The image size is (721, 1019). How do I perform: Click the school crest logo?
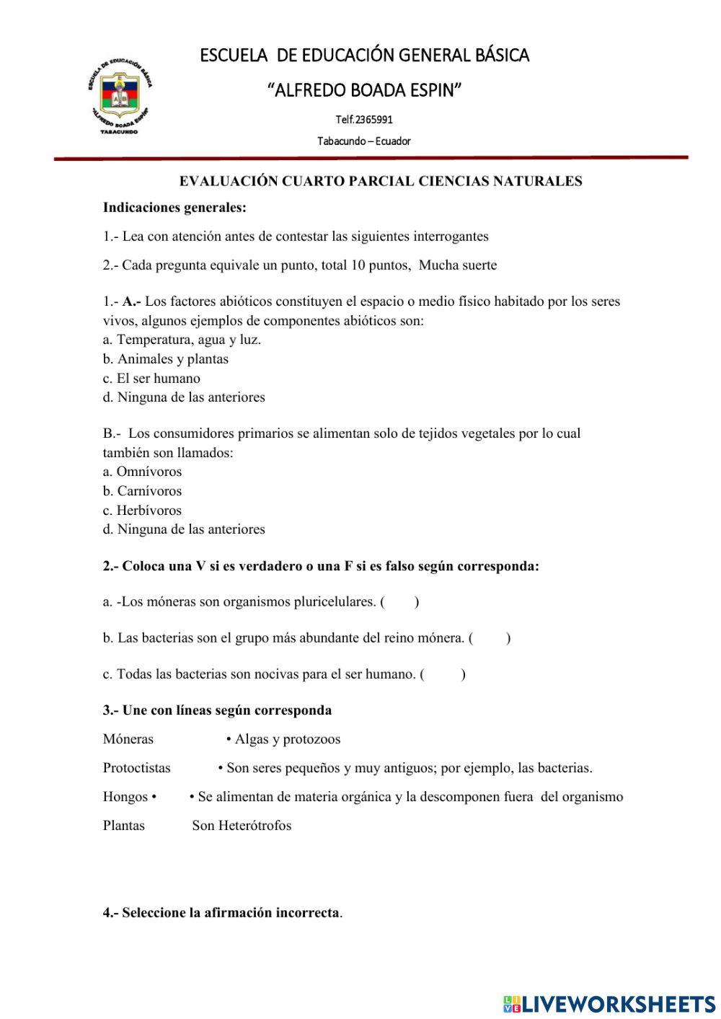[120, 94]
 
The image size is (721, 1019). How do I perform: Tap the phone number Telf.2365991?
[364, 120]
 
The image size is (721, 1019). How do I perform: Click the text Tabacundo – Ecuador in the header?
[364, 141]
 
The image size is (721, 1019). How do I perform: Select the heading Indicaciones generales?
[174, 208]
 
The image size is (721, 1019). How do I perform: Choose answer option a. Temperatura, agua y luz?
[182, 340]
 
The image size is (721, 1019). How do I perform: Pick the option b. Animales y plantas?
[165, 359]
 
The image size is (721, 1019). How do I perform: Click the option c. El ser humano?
[151, 379]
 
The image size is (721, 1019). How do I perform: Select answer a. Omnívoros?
[142, 472]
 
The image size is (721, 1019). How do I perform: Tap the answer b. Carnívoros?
[142, 491]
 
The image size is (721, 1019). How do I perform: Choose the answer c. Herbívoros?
[142, 511]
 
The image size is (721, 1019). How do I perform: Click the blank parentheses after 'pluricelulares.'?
[400, 602]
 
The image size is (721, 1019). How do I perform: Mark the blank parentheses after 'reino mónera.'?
[490, 638]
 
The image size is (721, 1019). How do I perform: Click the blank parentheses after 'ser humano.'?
[443, 675]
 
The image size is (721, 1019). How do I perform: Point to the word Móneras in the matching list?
[128, 739]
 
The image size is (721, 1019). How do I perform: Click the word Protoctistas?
[137, 768]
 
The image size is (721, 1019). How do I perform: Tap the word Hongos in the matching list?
[125, 797]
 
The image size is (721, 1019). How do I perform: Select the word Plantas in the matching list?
[124, 826]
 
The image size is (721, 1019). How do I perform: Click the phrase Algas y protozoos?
[287, 739]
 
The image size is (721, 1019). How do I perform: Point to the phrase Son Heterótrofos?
[242, 826]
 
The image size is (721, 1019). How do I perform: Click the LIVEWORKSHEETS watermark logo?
[609, 1003]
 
